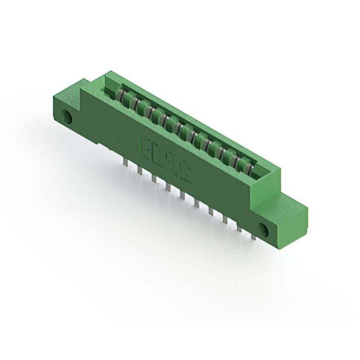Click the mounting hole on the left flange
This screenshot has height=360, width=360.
tap(69, 118)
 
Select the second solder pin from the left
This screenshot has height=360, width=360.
tap(139, 169)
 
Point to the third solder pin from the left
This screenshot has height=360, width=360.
tap(153, 178)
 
